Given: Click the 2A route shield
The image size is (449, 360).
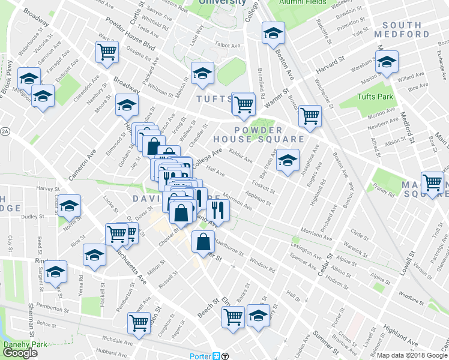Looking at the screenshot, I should click(x=5, y=131).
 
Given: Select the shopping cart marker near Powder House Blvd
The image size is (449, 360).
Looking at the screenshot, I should click(x=107, y=52).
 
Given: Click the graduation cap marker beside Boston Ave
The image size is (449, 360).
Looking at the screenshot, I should click(x=273, y=34).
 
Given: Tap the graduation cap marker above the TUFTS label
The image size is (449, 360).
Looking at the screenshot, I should click(x=202, y=73).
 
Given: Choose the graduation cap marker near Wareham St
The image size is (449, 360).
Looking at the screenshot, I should click(x=387, y=61).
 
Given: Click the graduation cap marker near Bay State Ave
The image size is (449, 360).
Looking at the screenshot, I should click(x=288, y=160).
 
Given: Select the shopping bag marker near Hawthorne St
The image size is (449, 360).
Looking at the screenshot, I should click(x=203, y=242).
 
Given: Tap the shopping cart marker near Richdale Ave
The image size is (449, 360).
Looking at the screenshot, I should click(x=139, y=323).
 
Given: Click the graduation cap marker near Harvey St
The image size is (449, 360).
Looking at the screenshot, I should click(x=70, y=206).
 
